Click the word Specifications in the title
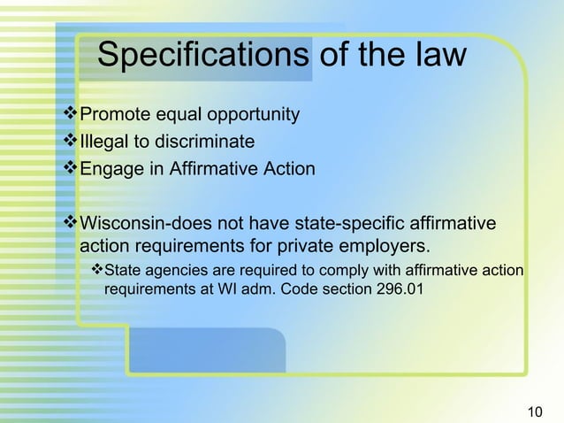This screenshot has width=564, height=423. (203, 56)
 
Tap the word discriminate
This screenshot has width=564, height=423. (205, 142)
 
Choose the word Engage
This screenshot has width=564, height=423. (111, 168)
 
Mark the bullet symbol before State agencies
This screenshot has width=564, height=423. (98, 269)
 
